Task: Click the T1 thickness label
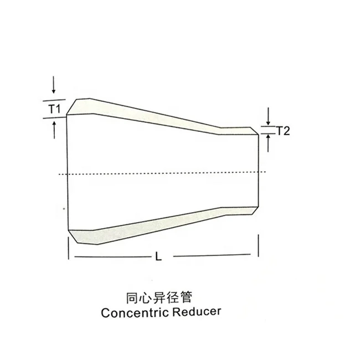coord(53,109)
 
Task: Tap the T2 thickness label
coord(283,131)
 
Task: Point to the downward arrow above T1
coord(53,85)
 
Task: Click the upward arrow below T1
coord(53,130)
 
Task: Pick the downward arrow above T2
coord(268,117)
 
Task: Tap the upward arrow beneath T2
coord(268,144)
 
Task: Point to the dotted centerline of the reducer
coord(166,174)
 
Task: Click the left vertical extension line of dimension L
coord(67,247)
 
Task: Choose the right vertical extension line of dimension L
coord(259,245)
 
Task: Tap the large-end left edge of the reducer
coord(67,174)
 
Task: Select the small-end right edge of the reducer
coord(259,174)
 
